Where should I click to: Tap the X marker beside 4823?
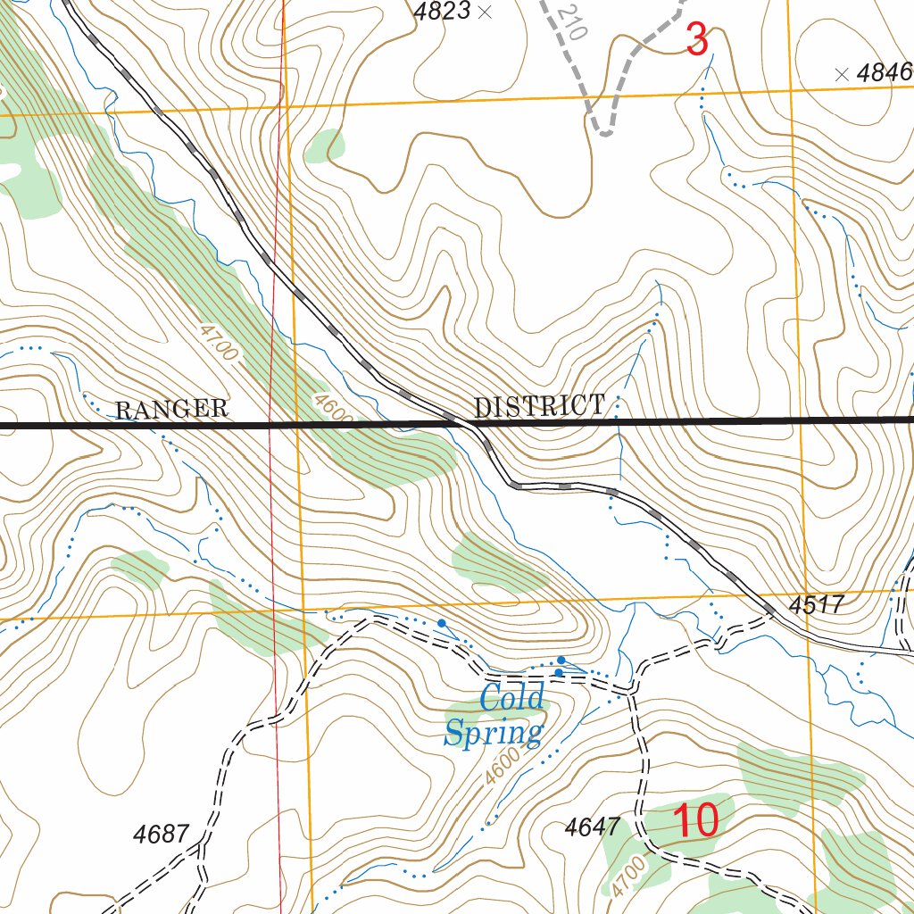click(x=485, y=12)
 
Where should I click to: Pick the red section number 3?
click(x=696, y=40)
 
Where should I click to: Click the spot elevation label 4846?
click(x=885, y=74)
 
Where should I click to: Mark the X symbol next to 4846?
click(x=840, y=75)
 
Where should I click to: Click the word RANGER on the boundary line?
click(x=171, y=410)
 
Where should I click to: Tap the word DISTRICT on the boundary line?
click(x=539, y=407)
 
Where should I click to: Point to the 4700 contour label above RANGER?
click(x=219, y=343)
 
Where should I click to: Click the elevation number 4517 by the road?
click(x=817, y=605)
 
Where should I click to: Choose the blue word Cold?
click(x=511, y=697)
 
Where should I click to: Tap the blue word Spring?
click(x=494, y=733)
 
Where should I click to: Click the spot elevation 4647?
click(x=593, y=827)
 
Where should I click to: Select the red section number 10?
click(x=695, y=821)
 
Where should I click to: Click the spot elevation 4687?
click(x=161, y=835)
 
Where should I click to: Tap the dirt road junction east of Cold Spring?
click(x=632, y=690)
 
